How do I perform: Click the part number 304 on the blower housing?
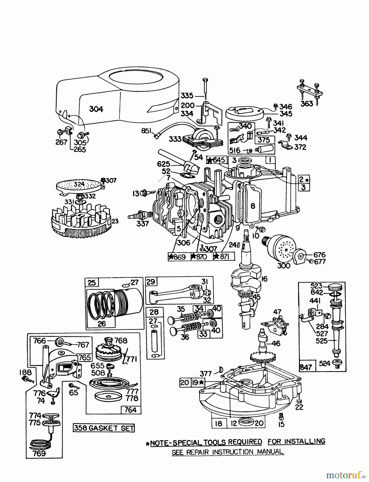click(96, 109)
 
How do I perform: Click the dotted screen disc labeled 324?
click(80, 185)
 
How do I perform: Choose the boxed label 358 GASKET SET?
click(104, 428)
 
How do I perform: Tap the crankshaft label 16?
click(264, 279)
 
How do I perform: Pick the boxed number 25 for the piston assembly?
click(92, 283)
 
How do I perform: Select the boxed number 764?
click(131, 410)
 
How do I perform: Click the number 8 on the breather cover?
click(253, 206)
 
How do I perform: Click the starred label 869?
click(178, 257)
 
